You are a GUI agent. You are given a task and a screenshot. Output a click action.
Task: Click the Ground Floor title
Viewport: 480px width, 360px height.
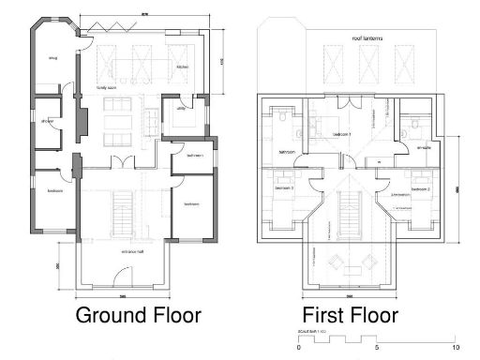pos(138,314)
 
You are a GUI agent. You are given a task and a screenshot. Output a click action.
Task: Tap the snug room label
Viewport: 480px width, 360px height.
pos(53,60)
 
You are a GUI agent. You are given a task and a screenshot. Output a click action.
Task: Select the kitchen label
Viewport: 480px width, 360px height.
pos(183,67)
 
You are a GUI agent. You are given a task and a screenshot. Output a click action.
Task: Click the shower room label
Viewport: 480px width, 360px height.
pos(47,122)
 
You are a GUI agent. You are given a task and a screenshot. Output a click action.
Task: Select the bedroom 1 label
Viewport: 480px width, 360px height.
pos(345,134)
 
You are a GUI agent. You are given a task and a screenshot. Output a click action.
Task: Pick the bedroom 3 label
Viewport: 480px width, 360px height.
pos(284,187)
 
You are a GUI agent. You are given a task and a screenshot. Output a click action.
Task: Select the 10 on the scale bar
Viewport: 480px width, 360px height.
pos(454,347)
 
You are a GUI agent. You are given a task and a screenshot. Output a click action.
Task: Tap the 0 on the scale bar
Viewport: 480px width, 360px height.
pos(298,347)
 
